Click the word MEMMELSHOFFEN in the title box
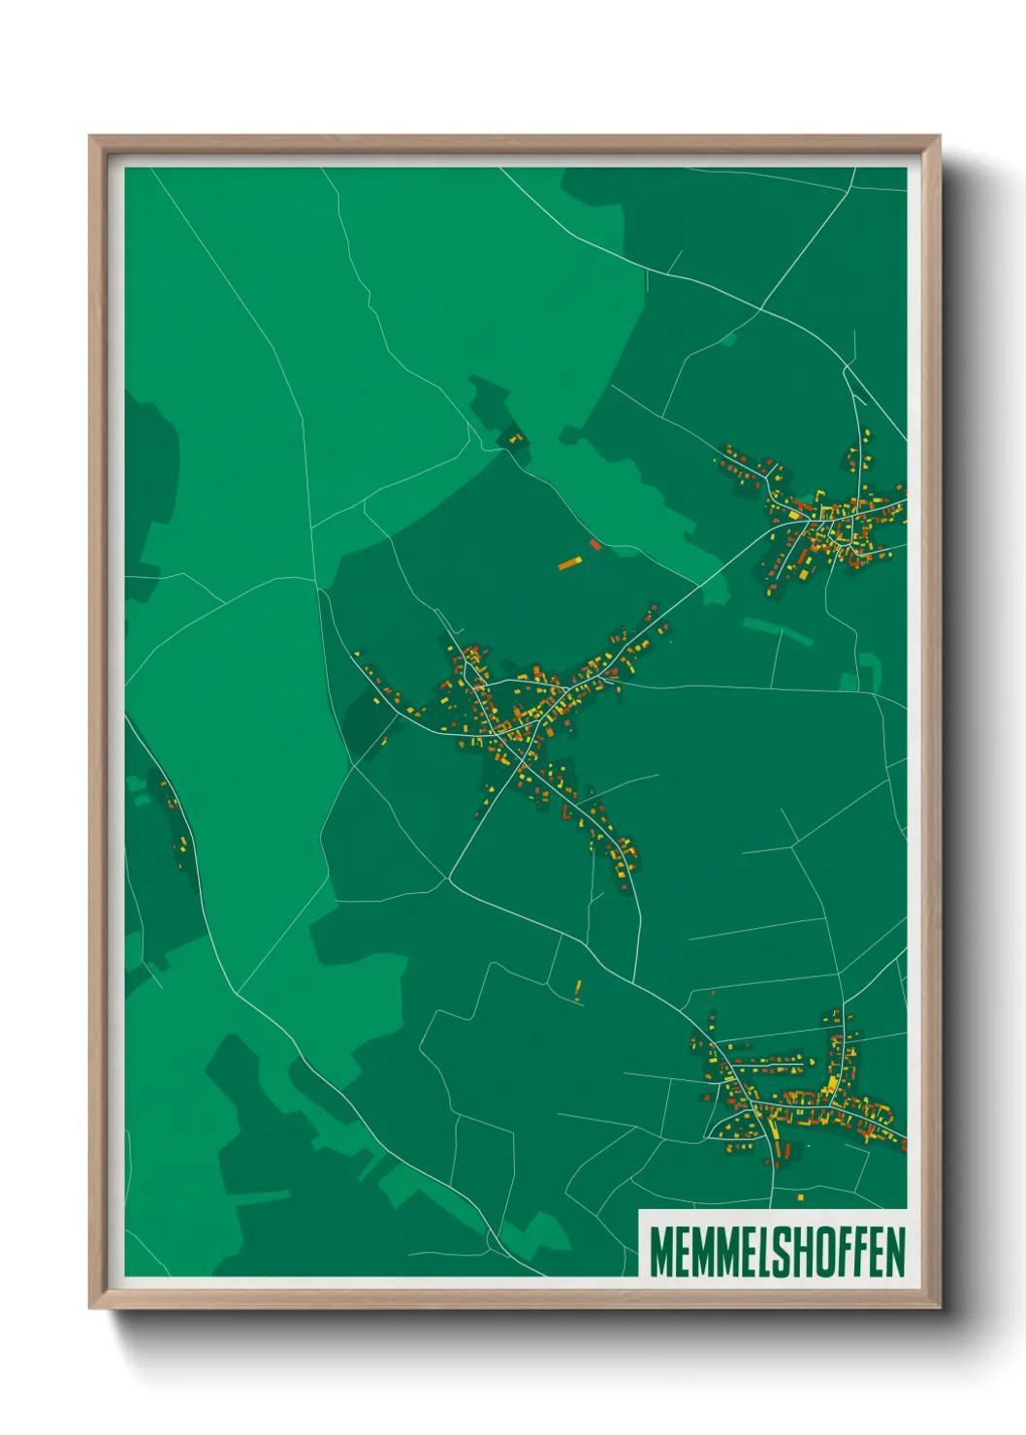coord(777,1252)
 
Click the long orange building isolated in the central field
coord(569,562)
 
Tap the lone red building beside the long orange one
coord(595,545)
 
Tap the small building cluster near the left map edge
coord(176,824)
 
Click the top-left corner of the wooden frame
coord(90,137)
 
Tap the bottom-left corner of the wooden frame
coord(90,1307)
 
